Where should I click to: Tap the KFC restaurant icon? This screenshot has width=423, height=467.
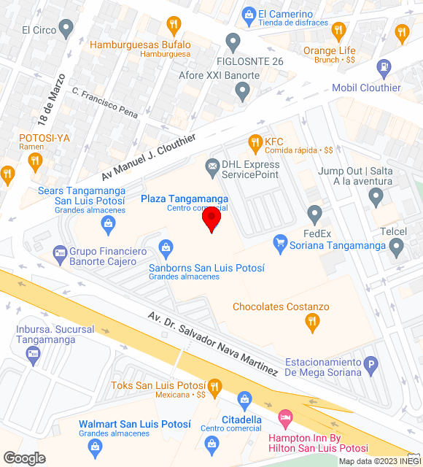(x=255, y=142)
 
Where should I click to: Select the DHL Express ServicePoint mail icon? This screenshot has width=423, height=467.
(x=212, y=168)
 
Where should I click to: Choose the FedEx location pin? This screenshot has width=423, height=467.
(x=314, y=215)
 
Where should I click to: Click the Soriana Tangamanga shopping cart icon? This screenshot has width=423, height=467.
(x=279, y=241)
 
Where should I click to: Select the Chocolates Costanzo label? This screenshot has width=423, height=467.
(x=281, y=306)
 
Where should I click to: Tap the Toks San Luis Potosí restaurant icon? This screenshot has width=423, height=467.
(x=214, y=386)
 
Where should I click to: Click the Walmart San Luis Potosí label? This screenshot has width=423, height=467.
(x=134, y=425)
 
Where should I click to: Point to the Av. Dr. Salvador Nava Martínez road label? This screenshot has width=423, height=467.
(x=212, y=344)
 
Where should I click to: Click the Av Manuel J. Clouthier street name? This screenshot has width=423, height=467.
(x=138, y=162)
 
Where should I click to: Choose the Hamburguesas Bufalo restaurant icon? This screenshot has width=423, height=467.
(x=173, y=25)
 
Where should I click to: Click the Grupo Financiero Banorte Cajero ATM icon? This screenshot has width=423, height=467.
(x=59, y=254)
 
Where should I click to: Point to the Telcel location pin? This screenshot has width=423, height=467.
(x=397, y=248)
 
